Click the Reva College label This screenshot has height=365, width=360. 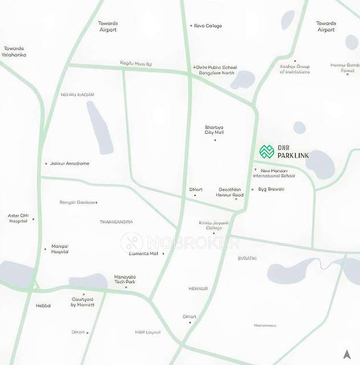[208, 26]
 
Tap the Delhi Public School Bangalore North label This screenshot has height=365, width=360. [216, 70]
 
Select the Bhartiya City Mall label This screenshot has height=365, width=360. [215, 130]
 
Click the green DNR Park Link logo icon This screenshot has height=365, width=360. [267, 152]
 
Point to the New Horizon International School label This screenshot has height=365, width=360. [274, 173]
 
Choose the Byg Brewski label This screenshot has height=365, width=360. [271, 189]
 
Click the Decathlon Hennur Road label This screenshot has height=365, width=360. [230, 192]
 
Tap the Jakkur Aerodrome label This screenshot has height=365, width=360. [69, 164]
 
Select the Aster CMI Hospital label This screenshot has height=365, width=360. [18, 218]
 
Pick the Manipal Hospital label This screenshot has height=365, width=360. [60, 249]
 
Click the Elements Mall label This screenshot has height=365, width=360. [144, 254]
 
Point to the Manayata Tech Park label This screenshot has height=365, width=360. [124, 279]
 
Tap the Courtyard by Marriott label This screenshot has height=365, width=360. [82, 302]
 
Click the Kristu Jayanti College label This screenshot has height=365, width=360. [214, 225]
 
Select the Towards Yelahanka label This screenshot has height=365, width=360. [15, 51]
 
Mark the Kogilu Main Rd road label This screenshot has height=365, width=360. [136, 63]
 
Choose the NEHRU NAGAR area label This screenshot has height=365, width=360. [77, 95]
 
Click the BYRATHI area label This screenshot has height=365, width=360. [247, 258]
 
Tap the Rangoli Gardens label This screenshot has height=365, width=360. [79, 202]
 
